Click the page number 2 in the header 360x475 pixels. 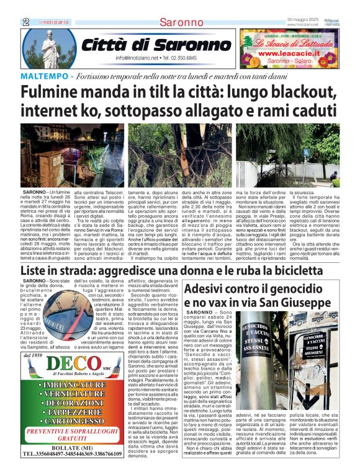click(25, 22)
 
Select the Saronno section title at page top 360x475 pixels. click(180, 22)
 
